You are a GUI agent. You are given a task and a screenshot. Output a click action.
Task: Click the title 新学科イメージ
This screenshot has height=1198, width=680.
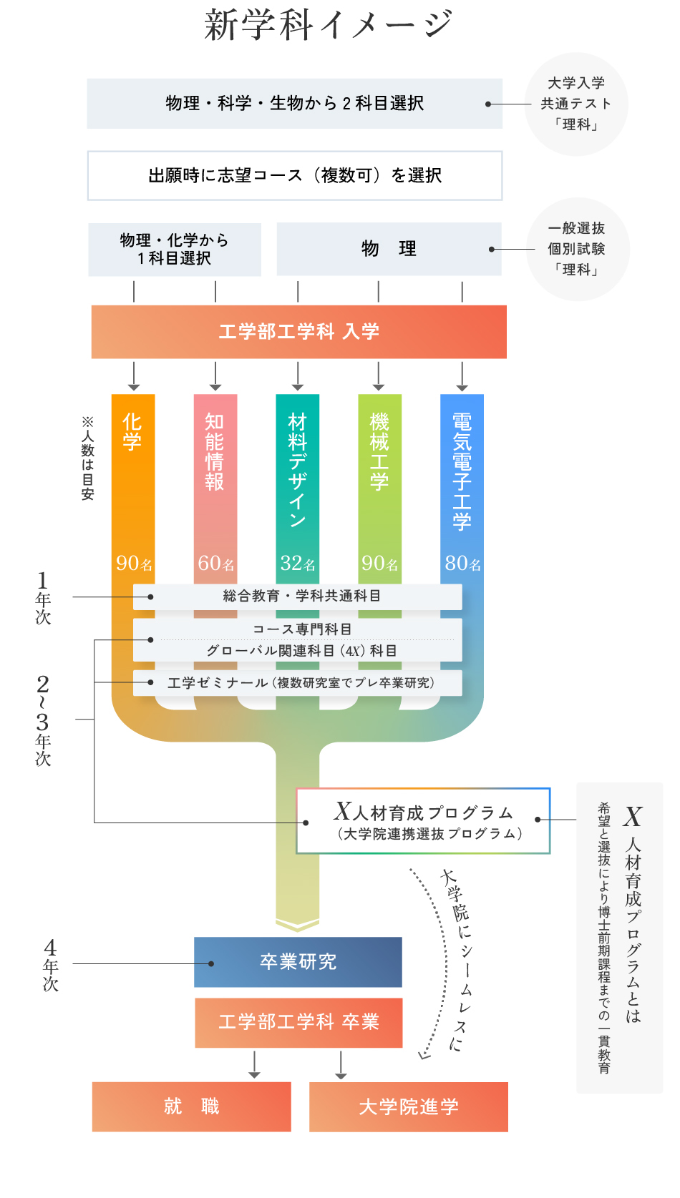pyautogui.click(x=329, y=24)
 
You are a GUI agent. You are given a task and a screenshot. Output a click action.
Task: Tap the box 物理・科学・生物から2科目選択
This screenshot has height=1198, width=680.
pyautogui.click(x=294, y=104)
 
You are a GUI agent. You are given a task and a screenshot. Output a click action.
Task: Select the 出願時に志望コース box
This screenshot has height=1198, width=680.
pyautogui.click(x=294, y=175)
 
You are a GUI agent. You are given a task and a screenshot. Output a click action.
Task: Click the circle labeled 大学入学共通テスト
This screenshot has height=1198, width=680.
pyautogui.click(x=576, y=104)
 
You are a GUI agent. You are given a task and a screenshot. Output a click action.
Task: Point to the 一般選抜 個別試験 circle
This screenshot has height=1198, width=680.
pyautogui.click(x=577, y=249)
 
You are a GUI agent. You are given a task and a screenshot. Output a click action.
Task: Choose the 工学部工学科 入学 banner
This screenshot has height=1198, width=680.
pyautogui.click(x=298, y=332)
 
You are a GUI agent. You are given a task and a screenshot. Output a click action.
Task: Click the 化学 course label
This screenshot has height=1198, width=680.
pyautogui.click(x=132, y=431)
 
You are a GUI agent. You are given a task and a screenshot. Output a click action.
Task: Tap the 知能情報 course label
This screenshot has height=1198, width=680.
pyautogui.click(x=215, y=451)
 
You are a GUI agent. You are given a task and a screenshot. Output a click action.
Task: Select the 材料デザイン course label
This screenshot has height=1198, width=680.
pyautogui.click(x=297, y=470)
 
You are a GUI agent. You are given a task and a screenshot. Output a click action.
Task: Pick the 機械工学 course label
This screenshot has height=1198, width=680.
pyautogui.click(x=379, y=451)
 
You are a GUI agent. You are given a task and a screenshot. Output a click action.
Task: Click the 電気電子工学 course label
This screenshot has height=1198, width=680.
pyautogui.click(x=462, y=471)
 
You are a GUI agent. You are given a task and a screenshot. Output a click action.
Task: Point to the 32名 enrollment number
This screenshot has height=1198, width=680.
pyautogui.click(x=298, y=564)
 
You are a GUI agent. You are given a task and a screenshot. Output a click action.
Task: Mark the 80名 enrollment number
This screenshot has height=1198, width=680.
pyautogui.click(x=462, y=564)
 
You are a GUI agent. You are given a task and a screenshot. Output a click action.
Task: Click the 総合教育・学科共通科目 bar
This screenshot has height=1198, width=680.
pyautogui.click(x=298, y=596)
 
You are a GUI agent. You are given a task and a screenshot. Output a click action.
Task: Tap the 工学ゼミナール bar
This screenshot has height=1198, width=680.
pyautogui.click(x=298, y=683)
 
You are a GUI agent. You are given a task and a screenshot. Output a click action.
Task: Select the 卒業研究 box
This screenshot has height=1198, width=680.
pyautogui.click(x=298, y=962)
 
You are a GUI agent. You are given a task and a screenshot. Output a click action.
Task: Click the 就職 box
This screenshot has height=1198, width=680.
pyautogui.click(x=191, y=1106)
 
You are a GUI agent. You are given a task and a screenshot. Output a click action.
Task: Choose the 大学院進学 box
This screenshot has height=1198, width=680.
pyautogui.click(x=408, y=1106)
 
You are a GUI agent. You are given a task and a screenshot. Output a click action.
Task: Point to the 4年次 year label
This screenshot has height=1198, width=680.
pyautogui.click(x=50, y=966)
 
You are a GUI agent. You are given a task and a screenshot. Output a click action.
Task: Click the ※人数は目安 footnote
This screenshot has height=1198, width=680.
pyautogui.click(x=87, y=458)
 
